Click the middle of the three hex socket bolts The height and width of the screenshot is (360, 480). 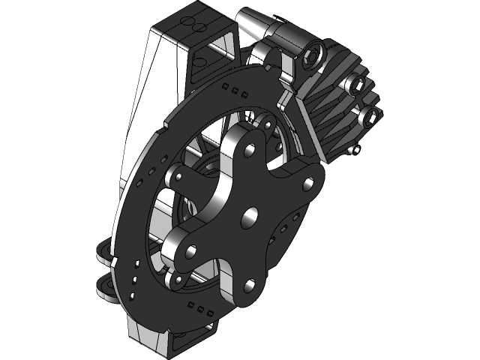358,85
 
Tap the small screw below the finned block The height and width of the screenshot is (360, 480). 357,149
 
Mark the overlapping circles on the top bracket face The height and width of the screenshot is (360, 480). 197,26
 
